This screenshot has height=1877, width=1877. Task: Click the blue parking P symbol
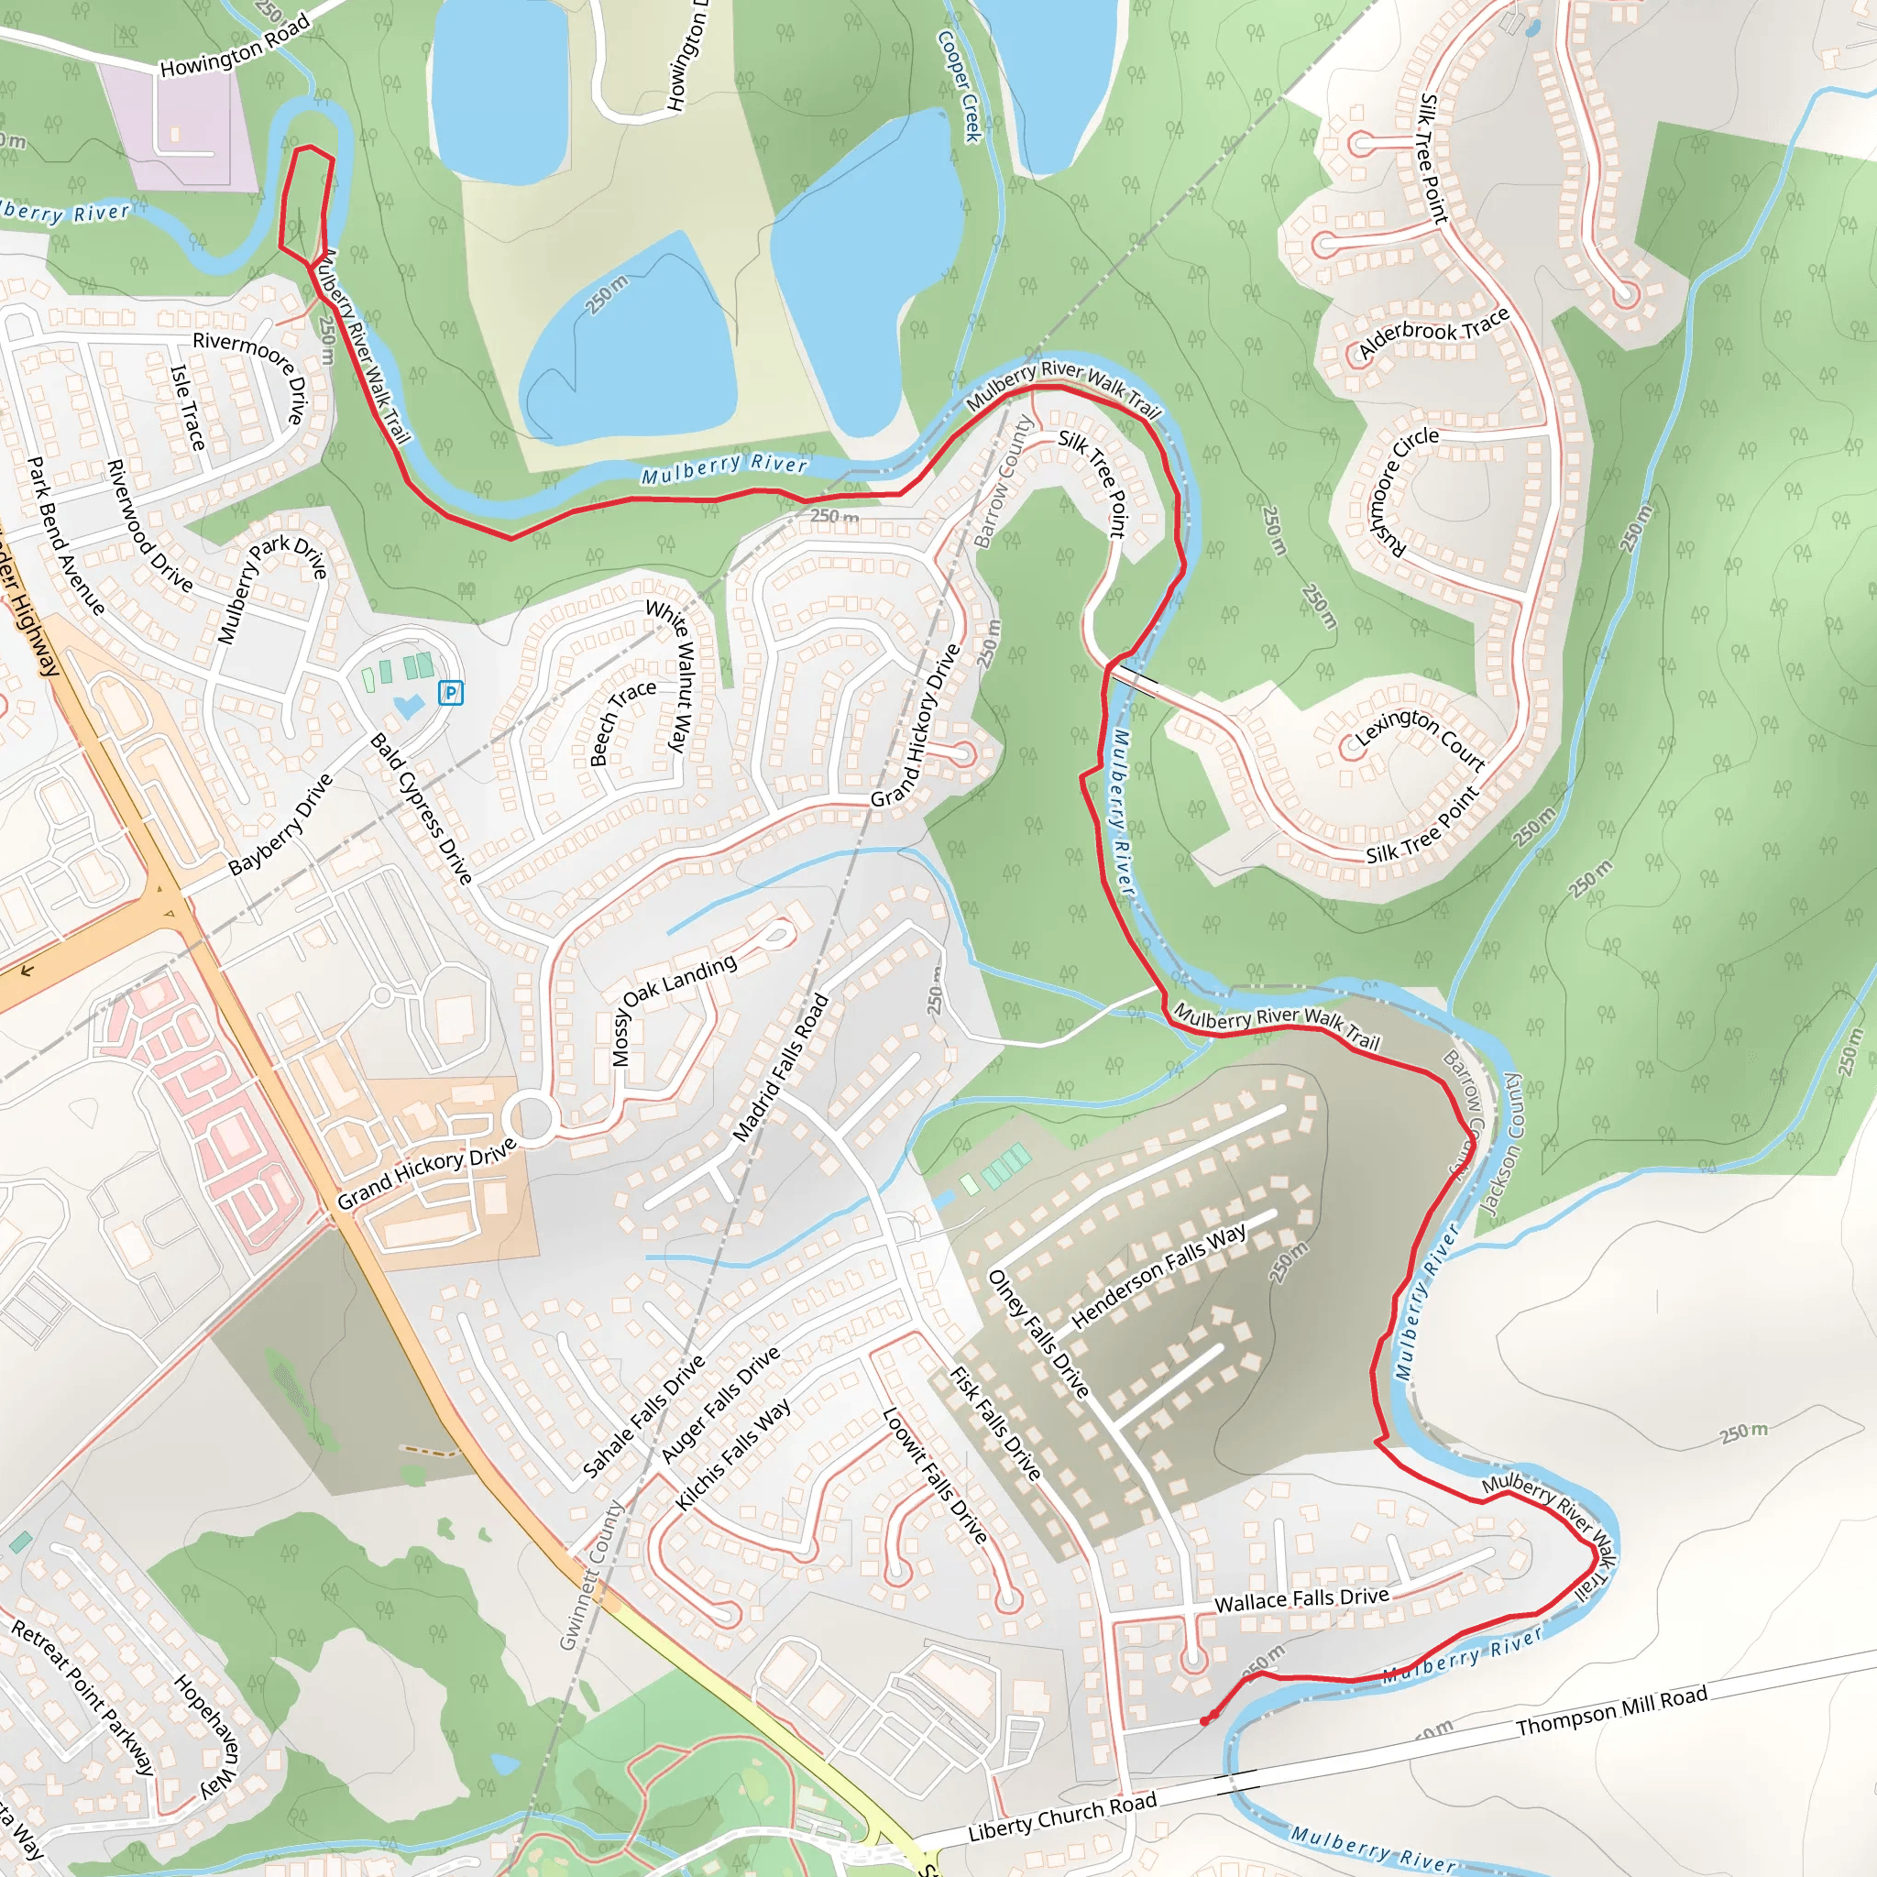click(x=450, y=693)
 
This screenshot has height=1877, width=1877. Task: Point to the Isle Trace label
click(x=188, y=407)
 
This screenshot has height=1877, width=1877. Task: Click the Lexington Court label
click(x=1420, y=739)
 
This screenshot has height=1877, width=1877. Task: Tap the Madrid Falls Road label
click(x=780, y=1067)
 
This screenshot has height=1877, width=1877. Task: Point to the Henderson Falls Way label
click(x=1158, y=1276)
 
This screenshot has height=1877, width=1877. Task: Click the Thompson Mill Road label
click(x=1612, y=1711)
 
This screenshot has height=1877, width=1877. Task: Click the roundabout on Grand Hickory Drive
click(x=532, y=1118)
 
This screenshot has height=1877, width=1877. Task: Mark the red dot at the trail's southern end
click(x=1204, y=1720)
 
